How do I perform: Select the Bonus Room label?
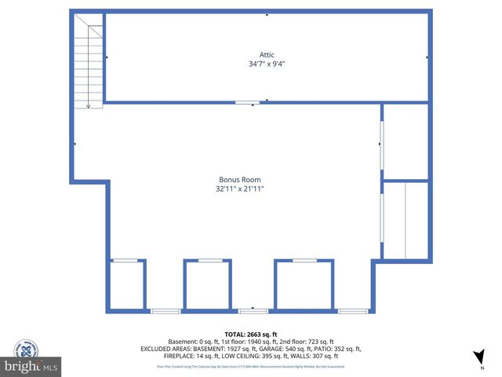(x=240, y=180)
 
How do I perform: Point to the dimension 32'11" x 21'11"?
(x=240, y=189)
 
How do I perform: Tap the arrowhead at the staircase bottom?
(x=89, y=106)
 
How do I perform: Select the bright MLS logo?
(x=31, y=367)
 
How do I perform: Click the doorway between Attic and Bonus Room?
(x=247, y=102)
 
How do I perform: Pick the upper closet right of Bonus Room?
(x=406, y=141)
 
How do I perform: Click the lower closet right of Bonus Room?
(x=406, y=221)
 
